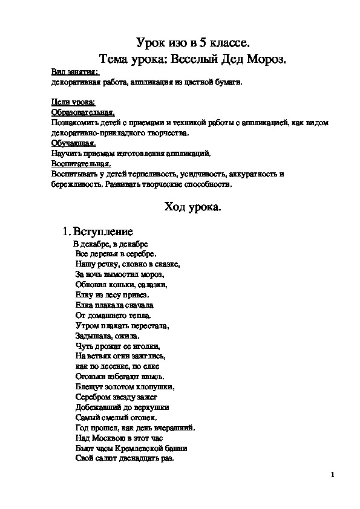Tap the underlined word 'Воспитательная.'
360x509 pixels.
(x=81, y=164)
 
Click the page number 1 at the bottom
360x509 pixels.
(x=333, y=475)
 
